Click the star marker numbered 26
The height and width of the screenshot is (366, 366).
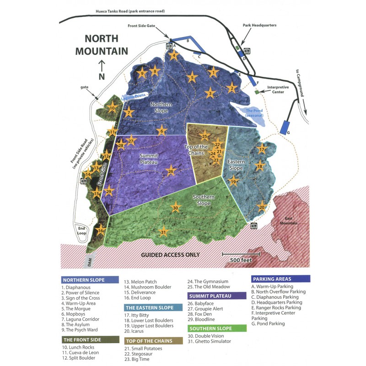click(x=170, y=172)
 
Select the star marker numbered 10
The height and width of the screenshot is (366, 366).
click(x=113, y=108)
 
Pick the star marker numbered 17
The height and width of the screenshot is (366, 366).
click(x=262, y=150)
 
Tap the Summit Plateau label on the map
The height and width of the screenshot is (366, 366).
click(x=149, y=158)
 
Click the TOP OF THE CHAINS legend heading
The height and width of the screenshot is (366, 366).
click(x=149, y=340)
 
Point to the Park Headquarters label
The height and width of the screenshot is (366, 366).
click(x=260, y=26)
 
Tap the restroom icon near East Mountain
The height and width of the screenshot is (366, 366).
click(x=254, y=226)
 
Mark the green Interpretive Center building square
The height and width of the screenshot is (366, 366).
click(x=257, y=92)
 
